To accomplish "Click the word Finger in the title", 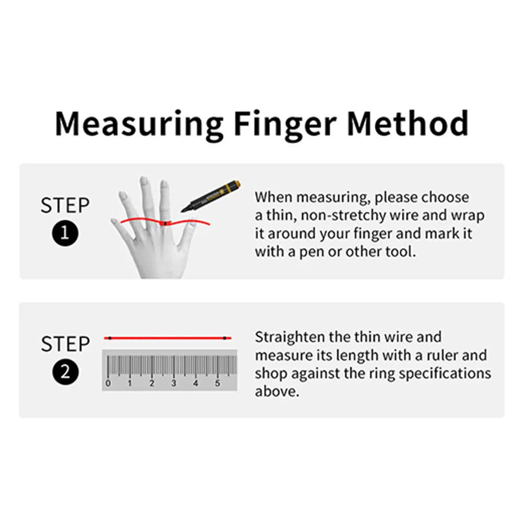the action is coord(285,124).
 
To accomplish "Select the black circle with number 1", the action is coord(65,233).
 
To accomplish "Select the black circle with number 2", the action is coord(65,372).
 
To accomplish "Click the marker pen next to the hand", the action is coord(210,196).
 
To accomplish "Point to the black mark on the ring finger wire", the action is coord(165,223).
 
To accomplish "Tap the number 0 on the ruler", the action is coord(108,383).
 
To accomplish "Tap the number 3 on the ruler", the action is coord(174,383).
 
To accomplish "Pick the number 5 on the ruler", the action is coord(218,383).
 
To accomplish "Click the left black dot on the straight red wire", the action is coord(110,338).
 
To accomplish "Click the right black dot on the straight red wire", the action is coord(225,338).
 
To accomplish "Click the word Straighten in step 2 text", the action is coord(290,337).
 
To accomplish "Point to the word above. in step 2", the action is coord(277,392).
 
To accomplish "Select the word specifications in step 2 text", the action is coord(445,374).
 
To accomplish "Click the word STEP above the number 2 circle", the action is coord(65,343).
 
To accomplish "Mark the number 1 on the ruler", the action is coord(130,383).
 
